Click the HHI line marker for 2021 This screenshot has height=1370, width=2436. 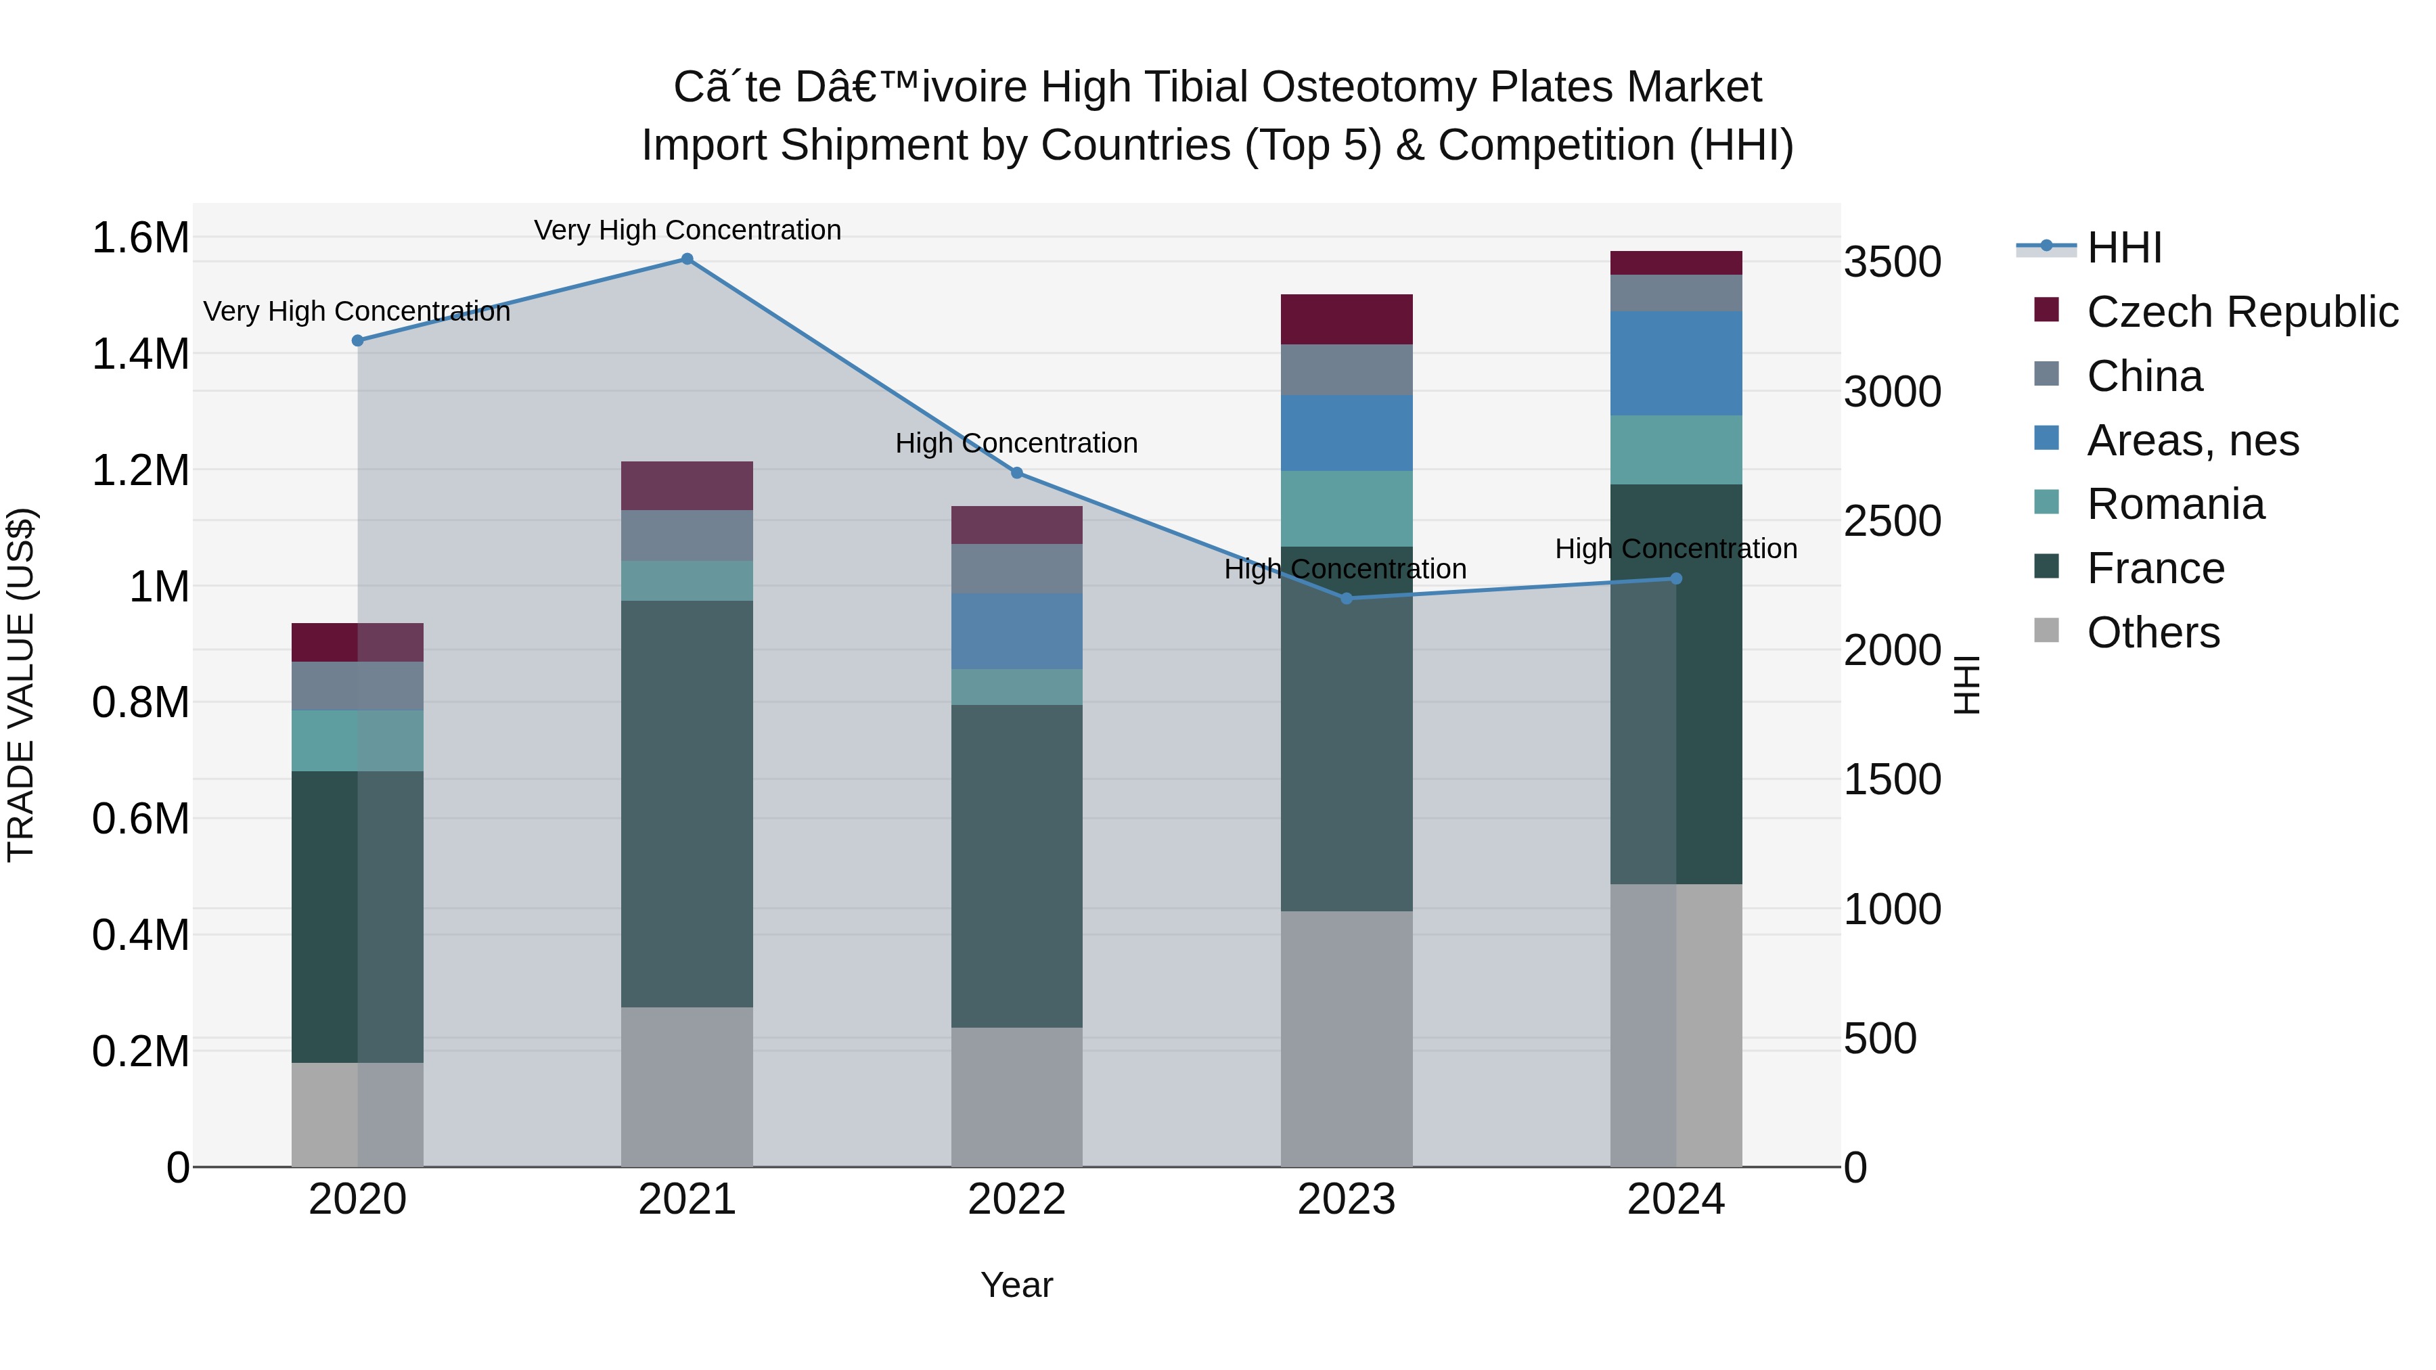[687, 259]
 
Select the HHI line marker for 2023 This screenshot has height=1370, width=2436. [1347, 599]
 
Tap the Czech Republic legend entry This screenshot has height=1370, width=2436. [2241, 312]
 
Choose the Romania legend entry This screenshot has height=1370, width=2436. [2175, 504]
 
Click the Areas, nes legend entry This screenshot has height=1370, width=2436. [2192, 440]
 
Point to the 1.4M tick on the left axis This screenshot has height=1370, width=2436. [141, 355]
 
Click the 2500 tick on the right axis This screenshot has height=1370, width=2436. [1892, 521]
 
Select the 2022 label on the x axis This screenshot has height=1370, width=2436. [1016, 1200]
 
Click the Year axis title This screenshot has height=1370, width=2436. [1016, 1285]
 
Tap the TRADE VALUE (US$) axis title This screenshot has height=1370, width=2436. [22, 685]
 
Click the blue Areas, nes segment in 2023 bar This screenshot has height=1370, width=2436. [1347, 433]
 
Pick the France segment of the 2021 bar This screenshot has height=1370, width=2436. [687, 804]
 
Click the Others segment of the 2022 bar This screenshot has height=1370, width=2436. [1016, 1097]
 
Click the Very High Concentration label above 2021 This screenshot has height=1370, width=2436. [687, 230]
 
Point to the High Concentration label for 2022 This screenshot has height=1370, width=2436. [1016, 442]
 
